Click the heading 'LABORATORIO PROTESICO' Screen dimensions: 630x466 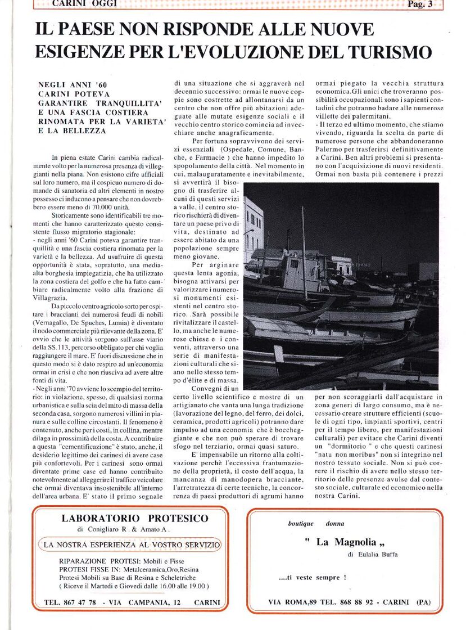130,519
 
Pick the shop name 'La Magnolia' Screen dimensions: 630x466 347,542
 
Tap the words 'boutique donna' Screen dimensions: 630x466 316,524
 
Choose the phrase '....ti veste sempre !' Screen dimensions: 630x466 313,578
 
